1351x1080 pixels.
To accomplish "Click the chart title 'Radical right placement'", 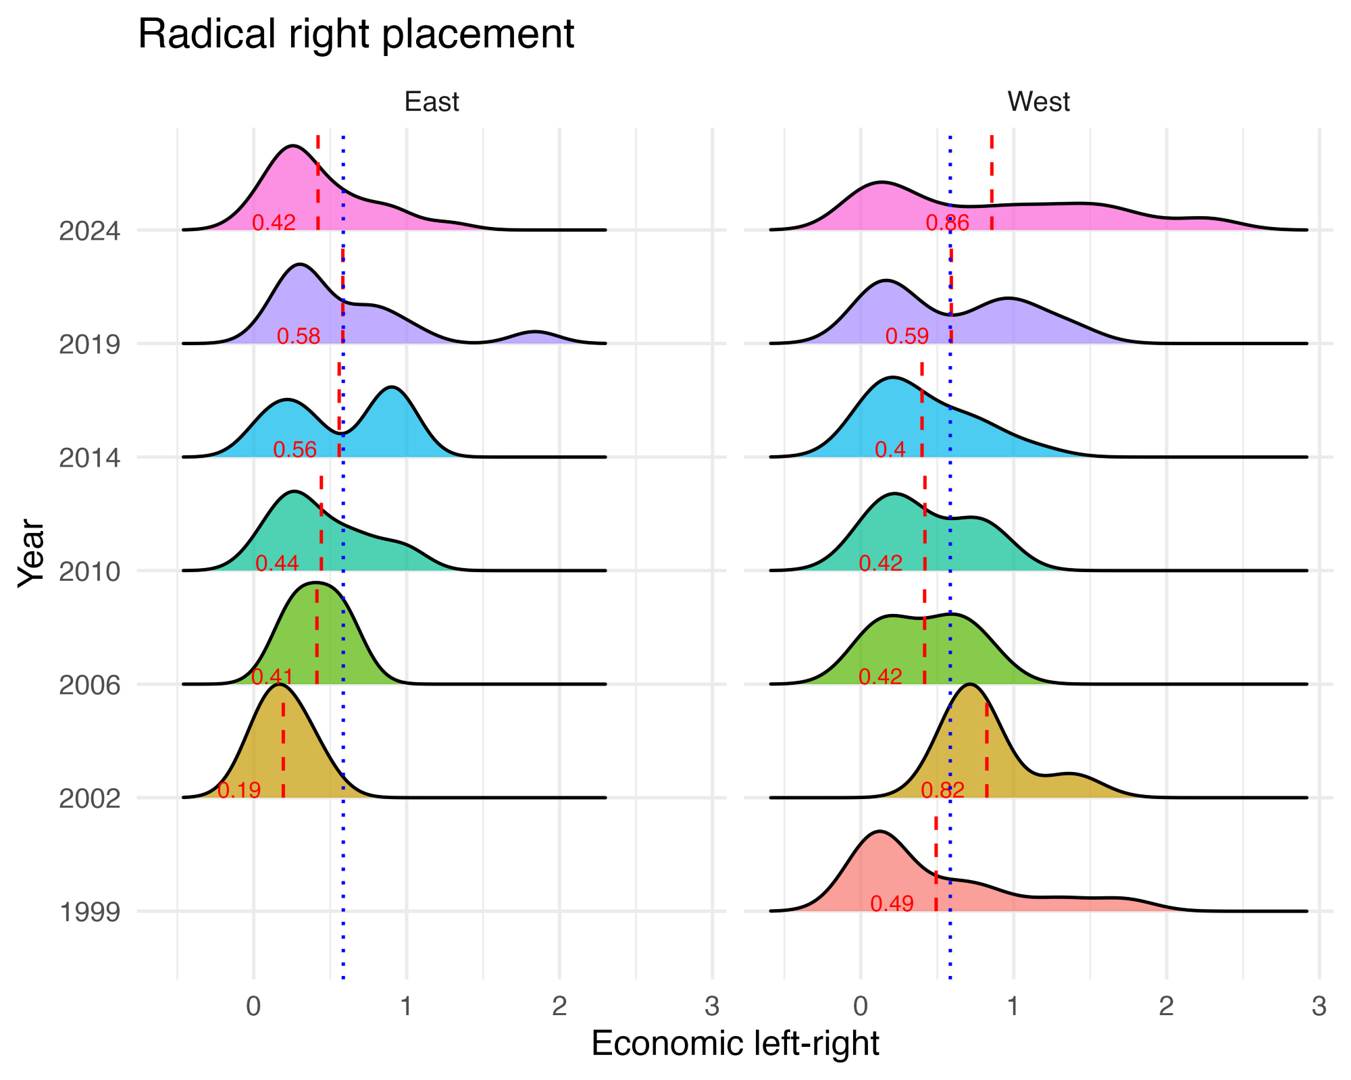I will tap(356, 34).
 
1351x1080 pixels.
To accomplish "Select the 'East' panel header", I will tap(432, 102).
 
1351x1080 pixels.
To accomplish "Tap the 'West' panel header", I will tap(1038, 102).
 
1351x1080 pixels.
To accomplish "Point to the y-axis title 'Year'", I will tap(31, 552).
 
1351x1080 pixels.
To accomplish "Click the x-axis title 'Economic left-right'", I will tap(735, 1044).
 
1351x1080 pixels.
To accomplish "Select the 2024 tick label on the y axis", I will tap(90, 231).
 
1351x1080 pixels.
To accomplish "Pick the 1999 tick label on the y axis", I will tap(90, 912).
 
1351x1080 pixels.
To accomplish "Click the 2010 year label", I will tap(90, 572).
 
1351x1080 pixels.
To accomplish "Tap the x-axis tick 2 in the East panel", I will tap(559, 1006).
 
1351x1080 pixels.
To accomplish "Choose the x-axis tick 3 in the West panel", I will tap(1319, 1006).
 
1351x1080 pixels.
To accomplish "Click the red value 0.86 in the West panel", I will tap(947, 222).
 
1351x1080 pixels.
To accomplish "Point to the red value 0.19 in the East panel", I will tap(239, 790).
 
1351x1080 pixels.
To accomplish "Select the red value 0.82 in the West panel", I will tap(942, 790).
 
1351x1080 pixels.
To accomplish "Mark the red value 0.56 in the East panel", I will tap(295, 449).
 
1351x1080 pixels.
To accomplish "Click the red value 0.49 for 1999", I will tap(892, 903).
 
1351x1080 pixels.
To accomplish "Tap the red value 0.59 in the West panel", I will tap(907, 336).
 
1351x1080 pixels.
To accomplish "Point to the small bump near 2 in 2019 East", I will tap(535, 332).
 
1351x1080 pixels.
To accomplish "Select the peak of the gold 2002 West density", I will tap(970, 685).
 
